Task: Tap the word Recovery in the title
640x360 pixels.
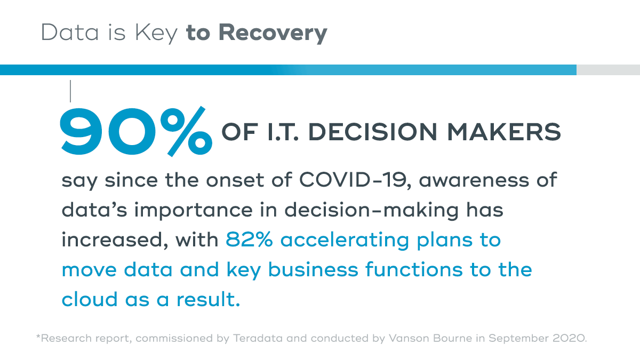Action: coord(273,33)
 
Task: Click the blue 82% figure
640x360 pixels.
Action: coord(250,240)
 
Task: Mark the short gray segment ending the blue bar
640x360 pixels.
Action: coord(608,70)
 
